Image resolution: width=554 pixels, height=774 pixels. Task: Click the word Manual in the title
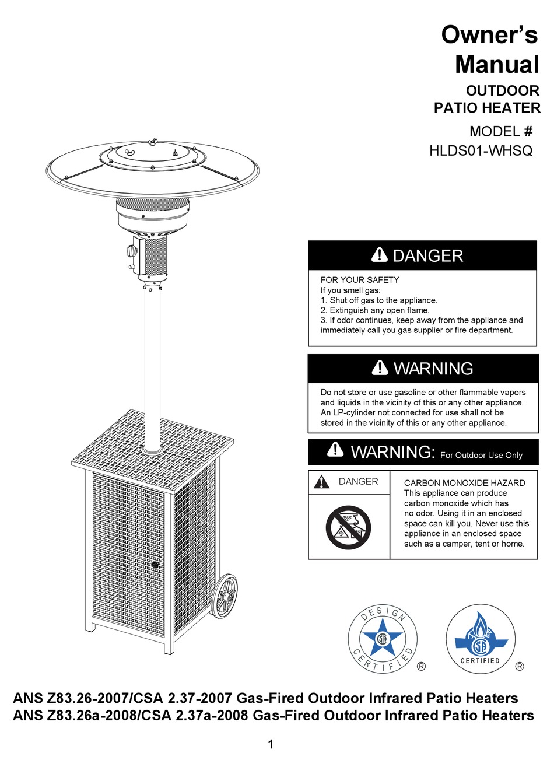click(x=497, y=64)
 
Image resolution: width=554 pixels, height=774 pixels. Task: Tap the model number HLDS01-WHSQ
click(x=481, y=151)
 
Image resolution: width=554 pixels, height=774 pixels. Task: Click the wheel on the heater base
click(x=225, y=596)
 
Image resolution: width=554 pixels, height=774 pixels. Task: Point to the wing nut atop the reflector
click(x=153, y=142)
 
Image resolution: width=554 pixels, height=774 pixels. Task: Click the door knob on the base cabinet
click(x=155, y=565)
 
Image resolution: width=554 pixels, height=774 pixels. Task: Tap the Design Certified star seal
click(x=383, y=638)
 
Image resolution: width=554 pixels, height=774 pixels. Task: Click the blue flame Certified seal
click(x=480, y=639)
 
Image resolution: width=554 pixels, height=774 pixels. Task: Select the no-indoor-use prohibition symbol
click(x=348, y=527)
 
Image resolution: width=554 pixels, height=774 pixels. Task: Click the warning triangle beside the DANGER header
click(x=379, y=255)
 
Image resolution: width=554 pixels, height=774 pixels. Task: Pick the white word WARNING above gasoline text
click(x=433, y=369)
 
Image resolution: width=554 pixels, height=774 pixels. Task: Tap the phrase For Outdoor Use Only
click(x=481, y=456)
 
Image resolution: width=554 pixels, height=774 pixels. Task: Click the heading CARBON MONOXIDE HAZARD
click(x=464, y=483)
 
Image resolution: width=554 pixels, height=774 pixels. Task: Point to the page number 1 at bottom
click(x=271, y=744)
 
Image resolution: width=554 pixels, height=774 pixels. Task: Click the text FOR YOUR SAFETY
click(x=360, y=280)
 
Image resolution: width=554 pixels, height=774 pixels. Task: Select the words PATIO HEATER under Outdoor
click(x=487, y=108)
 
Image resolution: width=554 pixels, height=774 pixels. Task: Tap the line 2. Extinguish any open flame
click(x=374, y=310)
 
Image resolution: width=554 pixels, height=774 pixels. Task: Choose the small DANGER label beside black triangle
click(x=358, y=482)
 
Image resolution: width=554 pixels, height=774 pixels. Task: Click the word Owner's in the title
click(x=489, y=34)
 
